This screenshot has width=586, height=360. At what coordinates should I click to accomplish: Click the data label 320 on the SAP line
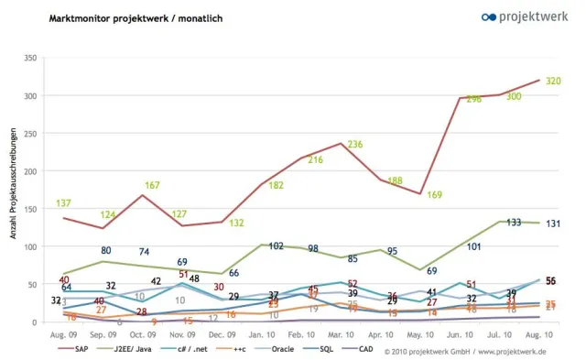tap(552, 81)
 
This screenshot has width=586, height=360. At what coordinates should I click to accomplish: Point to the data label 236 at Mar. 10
tap(354, 145)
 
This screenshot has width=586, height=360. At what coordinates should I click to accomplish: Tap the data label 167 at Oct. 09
tap(152, 185)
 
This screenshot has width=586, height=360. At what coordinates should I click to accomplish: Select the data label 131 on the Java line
tap(553, 224)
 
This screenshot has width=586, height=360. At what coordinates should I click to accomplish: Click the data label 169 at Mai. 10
tap(434, 194)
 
